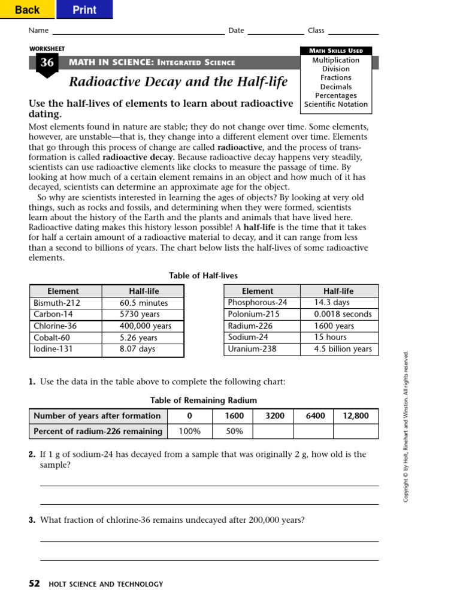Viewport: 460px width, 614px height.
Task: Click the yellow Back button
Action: point(27,10)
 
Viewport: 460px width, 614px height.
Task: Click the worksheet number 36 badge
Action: point(47,63)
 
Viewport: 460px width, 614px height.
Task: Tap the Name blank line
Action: point(138,31)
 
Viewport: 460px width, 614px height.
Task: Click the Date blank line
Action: point(276,31)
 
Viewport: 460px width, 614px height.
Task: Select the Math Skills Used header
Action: point(336,51)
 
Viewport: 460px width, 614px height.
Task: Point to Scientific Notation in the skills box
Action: point(336,104)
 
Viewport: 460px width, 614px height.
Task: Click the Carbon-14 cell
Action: point(65,314)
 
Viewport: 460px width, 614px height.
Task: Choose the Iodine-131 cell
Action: point(65,349)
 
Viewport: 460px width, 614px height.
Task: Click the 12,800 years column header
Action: point(356,416)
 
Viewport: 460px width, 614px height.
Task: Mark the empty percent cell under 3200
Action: point(273,431)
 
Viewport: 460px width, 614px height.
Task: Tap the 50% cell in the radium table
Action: point(234,431)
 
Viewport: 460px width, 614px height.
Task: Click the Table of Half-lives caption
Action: point(203,276)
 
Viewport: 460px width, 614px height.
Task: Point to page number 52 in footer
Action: point(34,583)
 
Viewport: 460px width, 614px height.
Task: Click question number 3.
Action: point(32,520)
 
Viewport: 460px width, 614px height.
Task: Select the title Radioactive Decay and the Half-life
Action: point(178,82)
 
